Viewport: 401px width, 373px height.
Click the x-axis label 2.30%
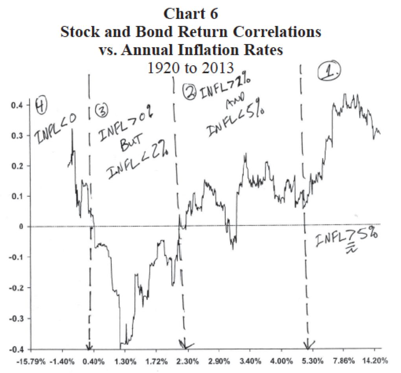(188, 361)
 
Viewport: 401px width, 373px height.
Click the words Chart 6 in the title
(190, 14)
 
